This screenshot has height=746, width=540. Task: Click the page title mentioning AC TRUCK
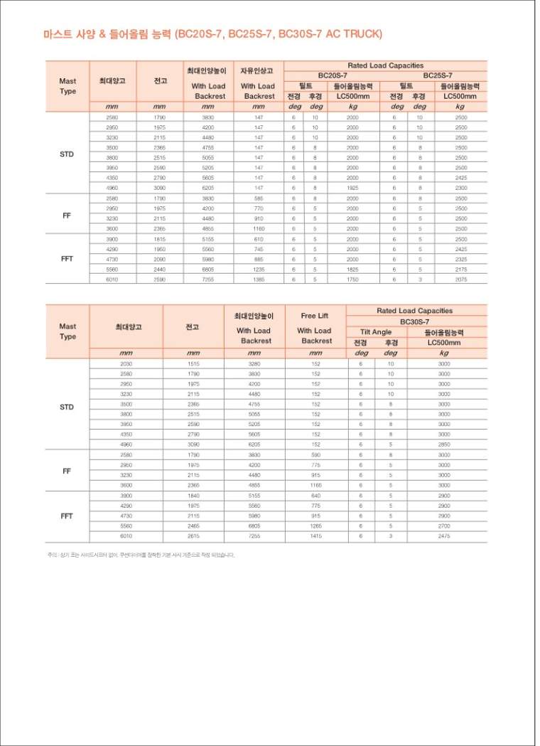212,34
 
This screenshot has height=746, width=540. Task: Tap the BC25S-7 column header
438,75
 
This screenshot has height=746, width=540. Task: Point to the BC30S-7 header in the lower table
415,321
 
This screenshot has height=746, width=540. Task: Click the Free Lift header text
314,316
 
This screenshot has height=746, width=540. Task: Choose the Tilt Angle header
375,331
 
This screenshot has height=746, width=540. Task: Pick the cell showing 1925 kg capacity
352,188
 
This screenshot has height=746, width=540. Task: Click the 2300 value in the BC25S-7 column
460,188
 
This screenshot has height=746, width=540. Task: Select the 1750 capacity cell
352,279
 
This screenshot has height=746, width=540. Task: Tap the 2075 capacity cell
460,279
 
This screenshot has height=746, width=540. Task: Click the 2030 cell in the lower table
126,363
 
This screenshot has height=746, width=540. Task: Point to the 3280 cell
254,363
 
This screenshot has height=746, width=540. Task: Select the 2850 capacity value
444,444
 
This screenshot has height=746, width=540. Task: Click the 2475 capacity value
444,535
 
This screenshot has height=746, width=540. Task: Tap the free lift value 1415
315,535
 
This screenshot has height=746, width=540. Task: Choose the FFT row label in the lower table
67,516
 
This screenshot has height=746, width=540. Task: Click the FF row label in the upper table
67,214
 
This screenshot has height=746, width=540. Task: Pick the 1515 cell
193,363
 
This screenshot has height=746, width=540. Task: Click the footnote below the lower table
141,555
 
